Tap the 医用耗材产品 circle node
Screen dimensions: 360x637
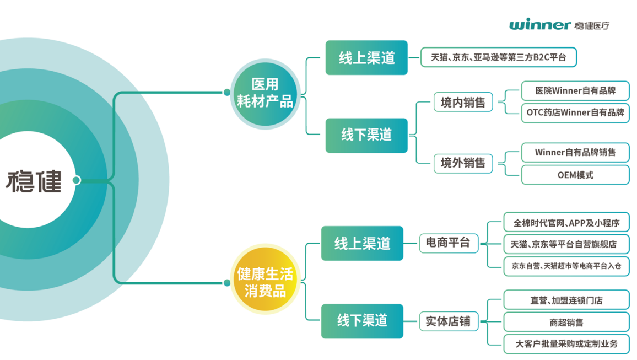[x=264, y=93]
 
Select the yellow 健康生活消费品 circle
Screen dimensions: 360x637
[x=264, y=282]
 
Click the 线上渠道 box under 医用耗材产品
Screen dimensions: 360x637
[x=366, y=58]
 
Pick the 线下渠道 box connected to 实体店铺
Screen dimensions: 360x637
[x=362, y=321]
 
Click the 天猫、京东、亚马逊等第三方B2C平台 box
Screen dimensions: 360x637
[x=498, y=57]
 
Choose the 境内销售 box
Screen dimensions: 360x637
[x=463, y=102]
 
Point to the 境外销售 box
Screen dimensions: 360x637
[x=463, y=163]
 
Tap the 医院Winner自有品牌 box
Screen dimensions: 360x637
[x=575, y=91]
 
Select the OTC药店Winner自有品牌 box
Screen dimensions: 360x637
[x=575, y=112]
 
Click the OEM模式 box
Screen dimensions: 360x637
[x=575, y=175]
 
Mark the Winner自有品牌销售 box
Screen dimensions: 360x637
[x=575, y=152]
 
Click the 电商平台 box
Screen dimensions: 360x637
[x=448, y=242]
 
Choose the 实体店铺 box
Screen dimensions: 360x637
[x=448, y=321]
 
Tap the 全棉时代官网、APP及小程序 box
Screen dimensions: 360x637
[x=566, y=223]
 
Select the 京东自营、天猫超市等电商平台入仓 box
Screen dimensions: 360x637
[x=566, y=265]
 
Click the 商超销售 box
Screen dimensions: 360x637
[x=566, y=322]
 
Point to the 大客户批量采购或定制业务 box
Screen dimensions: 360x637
[x=566, y=343]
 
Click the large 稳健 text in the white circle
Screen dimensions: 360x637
[x=34, y=181]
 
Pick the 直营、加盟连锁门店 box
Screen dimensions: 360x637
[x=566, y=300]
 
